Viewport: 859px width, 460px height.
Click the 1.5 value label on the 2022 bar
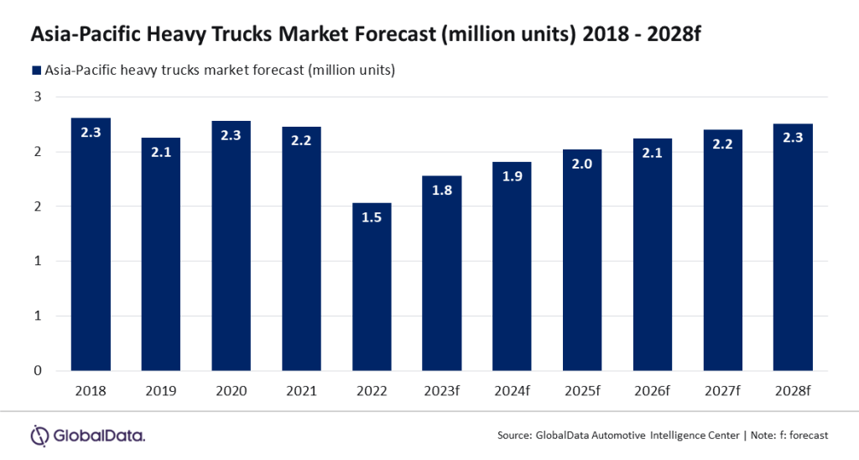[372, 218]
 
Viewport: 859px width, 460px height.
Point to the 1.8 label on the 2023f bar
[442, 191]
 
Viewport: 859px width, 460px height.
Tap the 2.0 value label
[582, 165]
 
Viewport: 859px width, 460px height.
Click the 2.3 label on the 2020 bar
[231, 136]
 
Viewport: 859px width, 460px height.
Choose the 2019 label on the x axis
[160, 391]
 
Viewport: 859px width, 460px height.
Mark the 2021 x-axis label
[301, 391]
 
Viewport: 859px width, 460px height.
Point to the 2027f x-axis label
[722, 391]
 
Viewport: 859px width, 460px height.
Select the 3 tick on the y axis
[38, 97]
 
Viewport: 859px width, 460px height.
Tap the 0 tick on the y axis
[38, 370]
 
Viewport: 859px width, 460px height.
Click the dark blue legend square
[36, 70]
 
